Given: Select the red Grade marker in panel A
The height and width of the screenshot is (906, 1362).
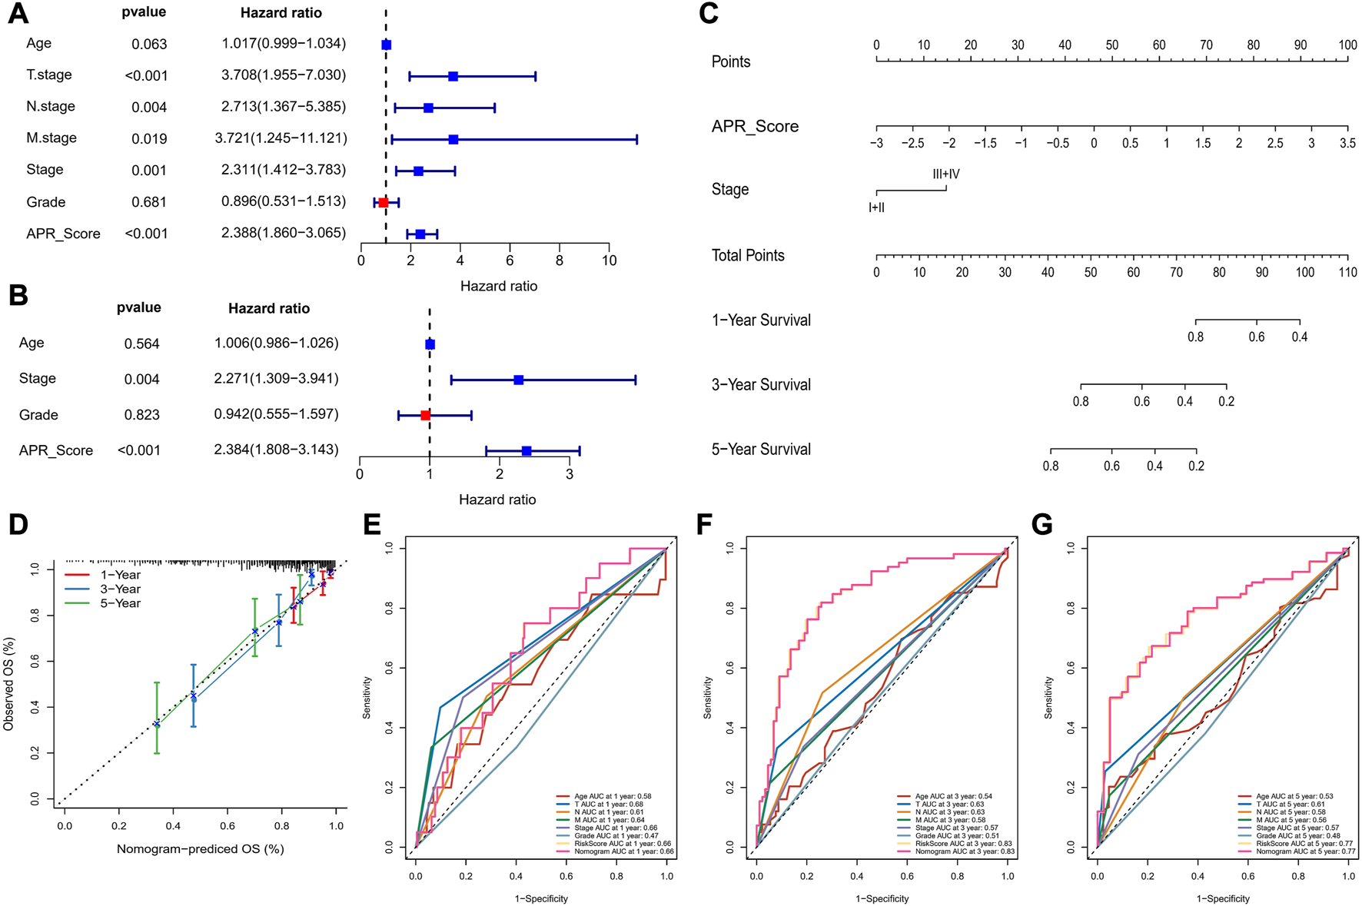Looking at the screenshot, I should pyautogui.click(x=384, y=202).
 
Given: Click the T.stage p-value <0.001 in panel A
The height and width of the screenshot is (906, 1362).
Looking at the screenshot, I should pyautogui.click(x=146, y=75).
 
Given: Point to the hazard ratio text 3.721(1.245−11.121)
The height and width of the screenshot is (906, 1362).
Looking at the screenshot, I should pyautogui.click(x=281, y=138).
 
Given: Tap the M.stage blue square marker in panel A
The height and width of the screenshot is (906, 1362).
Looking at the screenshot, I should pyautogui.click(x=453, y=139).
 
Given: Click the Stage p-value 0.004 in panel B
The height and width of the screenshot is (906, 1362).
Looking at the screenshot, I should pyautogui.click(x=142, y=379).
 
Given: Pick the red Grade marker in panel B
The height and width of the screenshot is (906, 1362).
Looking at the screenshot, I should pyautogui.click(x=426, y=415).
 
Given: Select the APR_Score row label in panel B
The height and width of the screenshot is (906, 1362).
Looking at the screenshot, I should pyautogui.click(x=56, y=451).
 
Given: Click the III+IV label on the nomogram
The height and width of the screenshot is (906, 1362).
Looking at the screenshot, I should pyautogui.click(x=945, y=174).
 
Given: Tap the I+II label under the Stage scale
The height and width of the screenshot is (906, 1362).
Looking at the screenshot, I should pyautogui.click(x=876, y=207).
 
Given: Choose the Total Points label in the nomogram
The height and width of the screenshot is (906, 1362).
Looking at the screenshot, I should pyautogui.click(x=748, y=256).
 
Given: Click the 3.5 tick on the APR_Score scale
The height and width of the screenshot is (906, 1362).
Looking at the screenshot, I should pyautogui.click(x=1347, y=144).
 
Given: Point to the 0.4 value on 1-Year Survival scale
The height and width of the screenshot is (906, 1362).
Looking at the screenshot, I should pyautogui.click(x=1300, y=337).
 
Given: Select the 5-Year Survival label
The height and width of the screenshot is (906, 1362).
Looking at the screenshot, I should pyautogui.click(x=761, y=450).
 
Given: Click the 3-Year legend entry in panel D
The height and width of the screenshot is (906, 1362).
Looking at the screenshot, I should pyautogui.click(x=120, y=589).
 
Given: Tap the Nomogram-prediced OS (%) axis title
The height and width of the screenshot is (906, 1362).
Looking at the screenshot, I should pyautogui.click(x=201, y=849).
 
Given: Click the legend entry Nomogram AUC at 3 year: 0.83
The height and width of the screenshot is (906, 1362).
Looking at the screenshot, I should pyautogui.click(x=965, y=851).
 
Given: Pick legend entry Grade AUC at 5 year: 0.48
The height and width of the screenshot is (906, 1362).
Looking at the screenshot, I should pyautogui.click(x=1294, y=835).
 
